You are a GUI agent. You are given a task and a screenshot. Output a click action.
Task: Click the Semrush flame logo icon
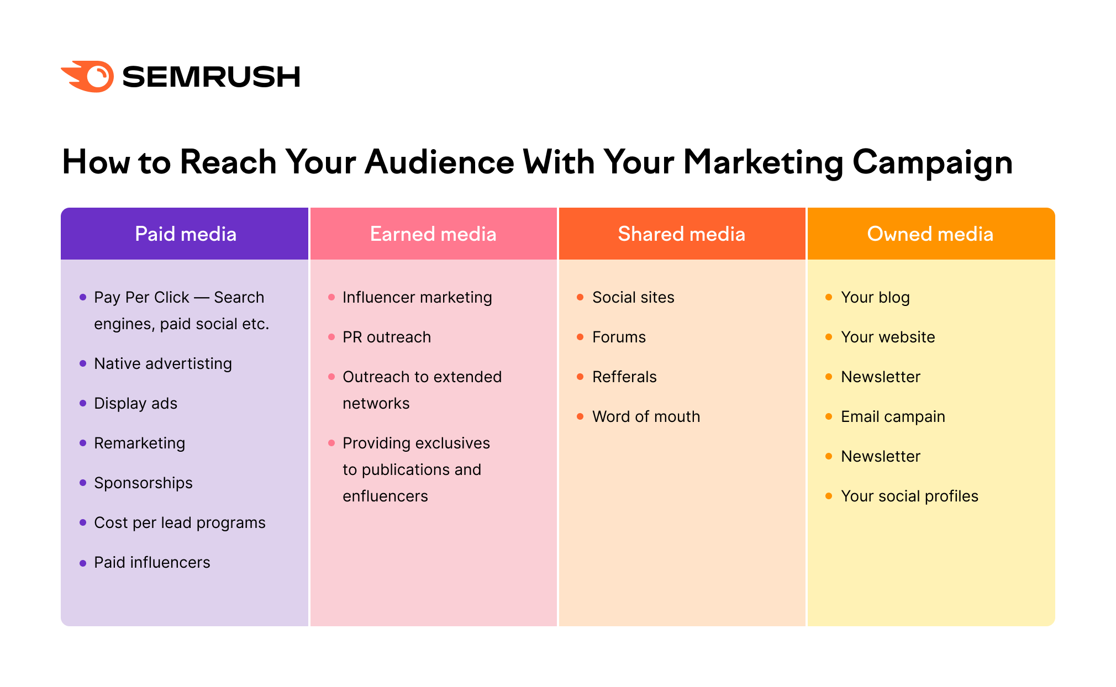(88, 76)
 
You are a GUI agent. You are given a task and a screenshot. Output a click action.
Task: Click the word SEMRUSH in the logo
(211, 77)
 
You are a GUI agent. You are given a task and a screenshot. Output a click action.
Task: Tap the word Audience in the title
(439, 162)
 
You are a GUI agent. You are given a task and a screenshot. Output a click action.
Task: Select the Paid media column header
(185, 234)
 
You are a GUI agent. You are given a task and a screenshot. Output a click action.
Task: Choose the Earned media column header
(433, 234)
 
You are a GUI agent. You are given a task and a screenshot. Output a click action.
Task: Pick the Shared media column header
(681, 234)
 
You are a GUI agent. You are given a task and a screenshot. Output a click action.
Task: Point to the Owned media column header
(930, 234)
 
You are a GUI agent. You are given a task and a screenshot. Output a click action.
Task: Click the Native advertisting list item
(163, 363)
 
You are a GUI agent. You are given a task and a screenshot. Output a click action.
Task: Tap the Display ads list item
(135, 403)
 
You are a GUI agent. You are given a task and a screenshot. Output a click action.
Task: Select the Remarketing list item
(139, 443)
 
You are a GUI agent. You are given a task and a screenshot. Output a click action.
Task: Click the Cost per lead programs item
(180, 522)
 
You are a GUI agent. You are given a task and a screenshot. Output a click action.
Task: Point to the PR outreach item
(387, 337)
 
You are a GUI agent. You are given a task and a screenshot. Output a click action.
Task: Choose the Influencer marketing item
(417, 297)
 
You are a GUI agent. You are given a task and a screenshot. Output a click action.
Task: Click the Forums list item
(619, 337)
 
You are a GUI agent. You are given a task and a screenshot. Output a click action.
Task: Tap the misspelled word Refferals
(624, 377)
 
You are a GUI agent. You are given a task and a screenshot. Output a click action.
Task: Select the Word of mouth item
(646, 416)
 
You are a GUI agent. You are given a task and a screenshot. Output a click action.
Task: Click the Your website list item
(888, 337)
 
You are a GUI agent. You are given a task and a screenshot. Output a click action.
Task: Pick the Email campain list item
(893, 416)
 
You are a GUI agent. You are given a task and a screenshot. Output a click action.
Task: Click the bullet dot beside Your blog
(829, 297)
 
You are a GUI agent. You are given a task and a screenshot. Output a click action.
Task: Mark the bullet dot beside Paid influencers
(83, 563)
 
